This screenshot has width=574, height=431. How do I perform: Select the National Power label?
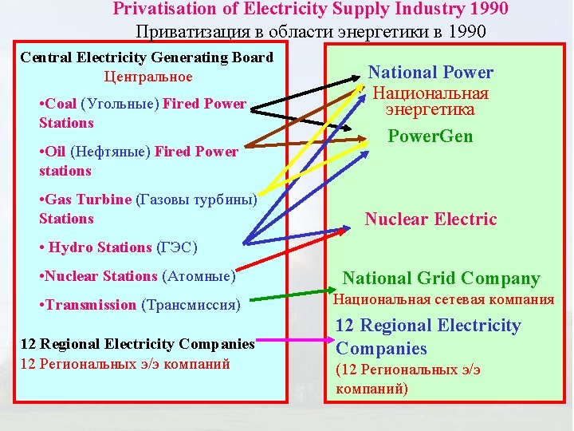(x=431, y=73)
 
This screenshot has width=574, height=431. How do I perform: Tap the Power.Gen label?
(x=431, y=136)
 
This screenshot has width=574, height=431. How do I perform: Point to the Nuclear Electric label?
(x=431, y=219)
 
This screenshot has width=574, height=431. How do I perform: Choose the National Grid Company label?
(x=441, y=279)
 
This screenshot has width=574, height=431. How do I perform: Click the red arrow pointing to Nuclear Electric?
(x=295, y=255)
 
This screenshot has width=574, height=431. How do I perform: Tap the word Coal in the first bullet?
(x=61, y=104)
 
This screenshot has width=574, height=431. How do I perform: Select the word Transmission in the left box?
(x=91, y=305)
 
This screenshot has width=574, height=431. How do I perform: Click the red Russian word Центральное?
(x=148, y=77)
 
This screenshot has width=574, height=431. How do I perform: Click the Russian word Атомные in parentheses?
(x=199, y=276)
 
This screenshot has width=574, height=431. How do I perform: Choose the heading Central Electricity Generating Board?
(x=147, y=57)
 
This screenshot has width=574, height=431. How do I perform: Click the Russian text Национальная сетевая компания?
(x=443, y=300)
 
